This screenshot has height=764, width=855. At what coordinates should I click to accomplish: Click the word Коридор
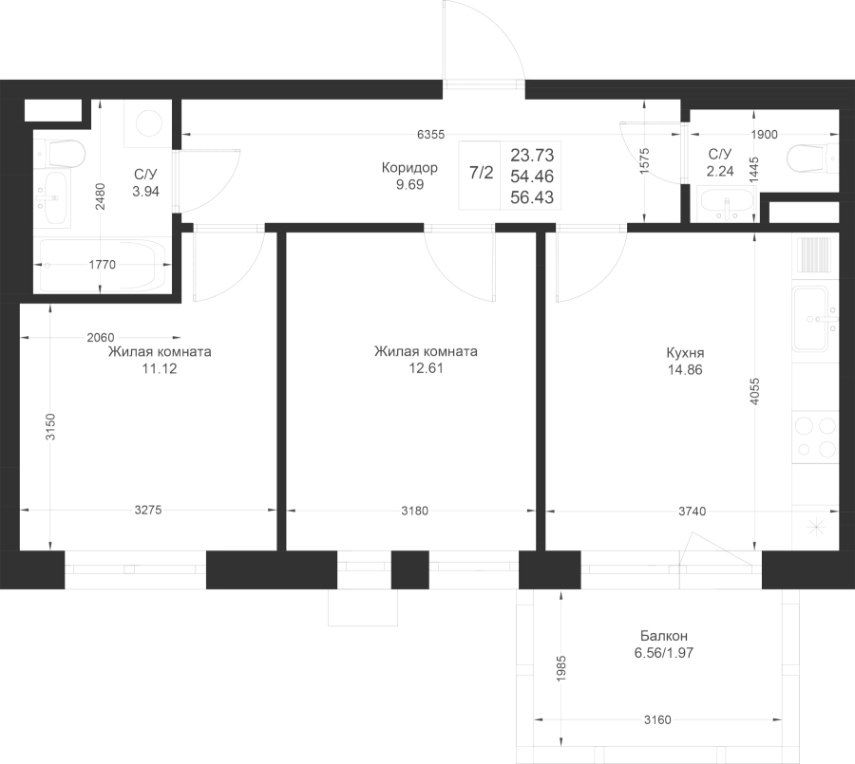click(409, 167)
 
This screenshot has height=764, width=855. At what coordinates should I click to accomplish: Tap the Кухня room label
click(685, 352)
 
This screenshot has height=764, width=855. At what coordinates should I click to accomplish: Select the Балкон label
click(664, 636)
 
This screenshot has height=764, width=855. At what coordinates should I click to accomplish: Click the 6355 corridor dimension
click(430, 134)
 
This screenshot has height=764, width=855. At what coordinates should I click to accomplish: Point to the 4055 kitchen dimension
click(754, 391)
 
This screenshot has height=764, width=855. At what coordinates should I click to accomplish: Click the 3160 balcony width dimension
click(657, 719)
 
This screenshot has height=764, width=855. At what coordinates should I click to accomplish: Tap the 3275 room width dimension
click(148, 510)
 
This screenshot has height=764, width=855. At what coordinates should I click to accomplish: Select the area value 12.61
click(426, 368)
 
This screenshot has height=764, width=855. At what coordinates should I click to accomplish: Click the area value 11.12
click(160, 369)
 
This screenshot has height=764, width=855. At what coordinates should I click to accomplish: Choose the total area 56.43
click(532, 197)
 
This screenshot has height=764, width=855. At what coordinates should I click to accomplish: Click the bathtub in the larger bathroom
click(101, 265)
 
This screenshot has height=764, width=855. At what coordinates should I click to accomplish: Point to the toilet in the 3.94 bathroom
click(60, 154)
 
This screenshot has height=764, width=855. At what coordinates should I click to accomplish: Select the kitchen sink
click(814, 319)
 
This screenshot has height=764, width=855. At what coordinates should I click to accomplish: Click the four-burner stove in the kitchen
click(815, 437)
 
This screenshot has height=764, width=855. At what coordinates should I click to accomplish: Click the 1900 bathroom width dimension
click(764, 135)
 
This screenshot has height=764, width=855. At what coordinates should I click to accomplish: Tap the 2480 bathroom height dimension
click(101, 196)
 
